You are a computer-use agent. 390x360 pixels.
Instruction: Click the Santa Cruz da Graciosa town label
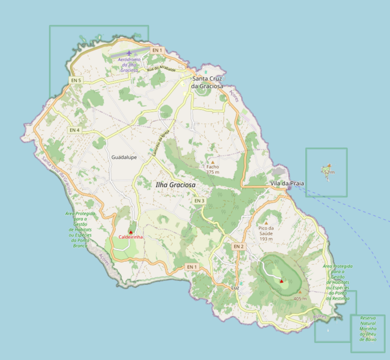(207, 82)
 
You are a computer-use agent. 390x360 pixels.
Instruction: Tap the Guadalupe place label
(124, 157)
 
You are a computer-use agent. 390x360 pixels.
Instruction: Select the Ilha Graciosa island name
(176, 185)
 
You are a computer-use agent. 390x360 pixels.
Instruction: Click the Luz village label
(235, 288)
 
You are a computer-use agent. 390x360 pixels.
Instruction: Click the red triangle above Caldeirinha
(130, 232)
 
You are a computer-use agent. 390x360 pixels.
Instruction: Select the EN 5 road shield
(76, 80)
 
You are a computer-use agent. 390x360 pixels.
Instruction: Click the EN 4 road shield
(74, 130)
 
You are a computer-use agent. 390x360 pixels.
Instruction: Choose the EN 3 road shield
(199, 200)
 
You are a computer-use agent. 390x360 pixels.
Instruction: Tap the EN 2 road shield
(239, 247)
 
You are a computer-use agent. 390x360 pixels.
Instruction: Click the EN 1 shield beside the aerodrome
(157, 50)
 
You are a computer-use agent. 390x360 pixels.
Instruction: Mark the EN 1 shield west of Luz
(191, 266)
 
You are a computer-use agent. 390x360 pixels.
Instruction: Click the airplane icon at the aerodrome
(128, 53)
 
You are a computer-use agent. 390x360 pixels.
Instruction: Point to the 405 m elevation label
(300, 298)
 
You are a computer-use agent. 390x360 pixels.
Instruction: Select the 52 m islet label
(329, 172)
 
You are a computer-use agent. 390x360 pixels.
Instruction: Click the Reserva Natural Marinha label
(368, 328)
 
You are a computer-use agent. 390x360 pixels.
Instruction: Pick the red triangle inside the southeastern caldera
(281, 280)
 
